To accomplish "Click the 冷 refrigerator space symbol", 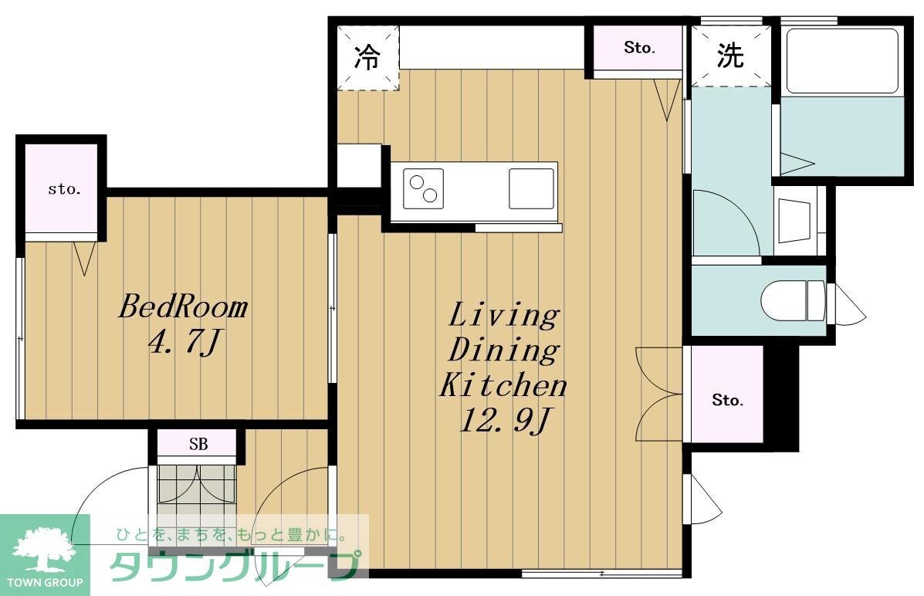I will [367, 57].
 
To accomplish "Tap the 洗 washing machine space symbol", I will [730, 56].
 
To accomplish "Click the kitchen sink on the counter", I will [531, 188].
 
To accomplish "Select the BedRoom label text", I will [182, 307].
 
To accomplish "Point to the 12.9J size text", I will [506, 421].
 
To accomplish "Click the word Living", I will [503, 315].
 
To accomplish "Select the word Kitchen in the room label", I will [503, 384].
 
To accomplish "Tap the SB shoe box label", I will [198, 445].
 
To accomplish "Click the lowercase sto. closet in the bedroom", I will [63, 189].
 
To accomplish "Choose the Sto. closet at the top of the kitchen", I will [638, 48].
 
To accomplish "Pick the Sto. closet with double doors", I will [726, 400].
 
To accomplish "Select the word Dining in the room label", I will [503, 350].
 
